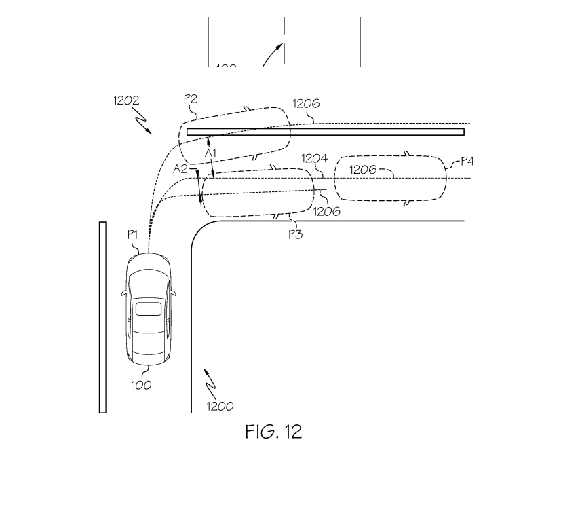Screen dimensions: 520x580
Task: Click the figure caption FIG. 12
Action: click(x=273, y=432)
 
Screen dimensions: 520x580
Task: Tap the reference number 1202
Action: click(x=127, y=100)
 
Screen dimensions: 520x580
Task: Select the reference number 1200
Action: click(x=220, y=407)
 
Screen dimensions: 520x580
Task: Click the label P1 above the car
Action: click(x=134, y=234)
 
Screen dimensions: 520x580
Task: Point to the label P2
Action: click(x=191, y=98)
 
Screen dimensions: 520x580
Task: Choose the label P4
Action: click(x=467, y=161)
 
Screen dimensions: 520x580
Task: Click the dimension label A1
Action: click(x=211, y=153)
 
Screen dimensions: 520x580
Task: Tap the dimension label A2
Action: click(x=180, y=168)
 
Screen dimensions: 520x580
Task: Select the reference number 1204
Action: click(x=315, y=159)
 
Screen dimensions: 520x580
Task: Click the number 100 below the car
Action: click(x=142, y=386)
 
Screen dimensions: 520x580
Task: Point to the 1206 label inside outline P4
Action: click(x=363, y=170)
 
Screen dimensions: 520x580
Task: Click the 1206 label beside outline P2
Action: click(x=306, y=104)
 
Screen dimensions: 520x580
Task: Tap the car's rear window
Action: click(x=149, y=310)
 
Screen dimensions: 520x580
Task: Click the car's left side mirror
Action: click(x=123, y=293)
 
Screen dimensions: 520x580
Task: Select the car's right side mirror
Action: click(x=174, y=293)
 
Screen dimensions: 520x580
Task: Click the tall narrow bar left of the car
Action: click(x=102, y=316)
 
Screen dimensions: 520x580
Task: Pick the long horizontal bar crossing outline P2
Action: click(x=326, y=132)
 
